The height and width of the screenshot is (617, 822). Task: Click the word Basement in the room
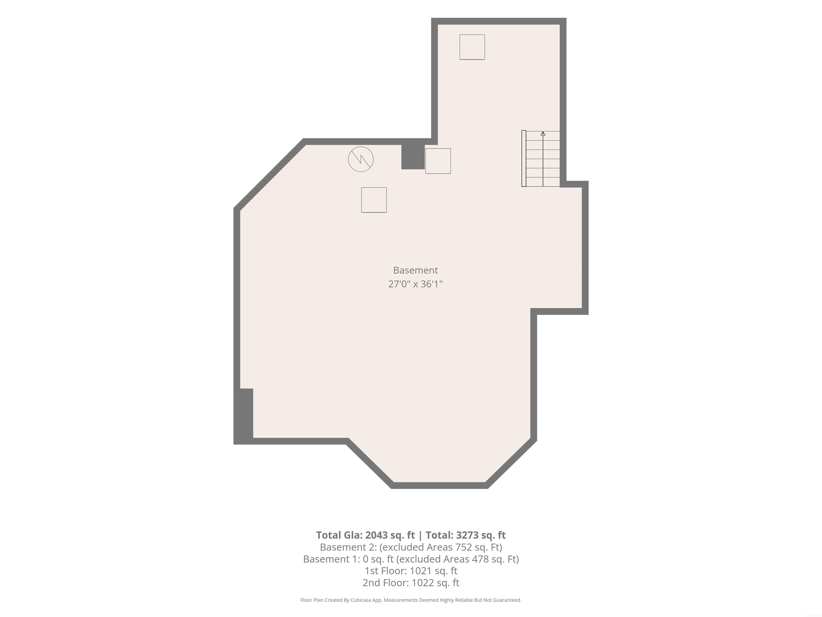[416, 270]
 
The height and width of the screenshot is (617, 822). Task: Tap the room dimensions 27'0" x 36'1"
[416, 284]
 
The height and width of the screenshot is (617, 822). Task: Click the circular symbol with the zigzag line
[360, 159]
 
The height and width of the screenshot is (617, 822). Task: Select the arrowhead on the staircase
[543, 134]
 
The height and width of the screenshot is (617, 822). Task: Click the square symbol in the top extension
[472, 47]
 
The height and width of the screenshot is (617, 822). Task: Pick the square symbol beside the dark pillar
[438, 161]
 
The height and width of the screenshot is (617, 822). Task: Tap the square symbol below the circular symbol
[374, 200]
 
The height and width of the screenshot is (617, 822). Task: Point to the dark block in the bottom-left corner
[244, 416]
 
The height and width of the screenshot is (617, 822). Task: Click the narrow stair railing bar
[524, 159]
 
